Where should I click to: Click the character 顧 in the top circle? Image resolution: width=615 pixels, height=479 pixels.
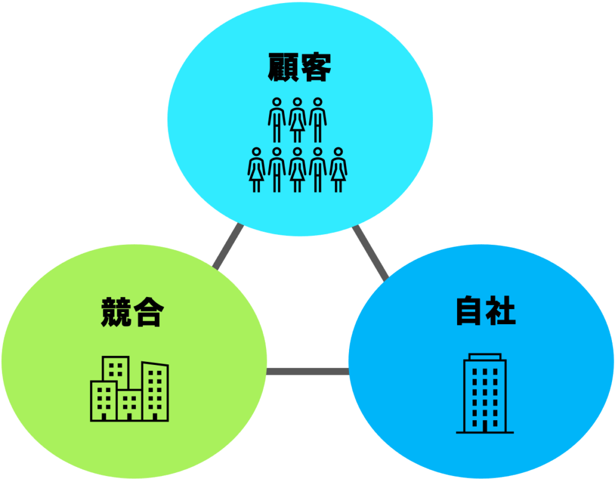pos(283,67)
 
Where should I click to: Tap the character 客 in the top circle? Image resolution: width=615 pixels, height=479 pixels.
pos(315,67)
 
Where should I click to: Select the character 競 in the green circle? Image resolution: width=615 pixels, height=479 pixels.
pos(116,312)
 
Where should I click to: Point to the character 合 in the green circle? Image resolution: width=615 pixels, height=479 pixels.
pos(149,312)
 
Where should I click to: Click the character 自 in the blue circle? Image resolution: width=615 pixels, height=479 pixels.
pos(468,311)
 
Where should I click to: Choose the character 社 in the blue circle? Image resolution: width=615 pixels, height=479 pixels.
pos(500,311)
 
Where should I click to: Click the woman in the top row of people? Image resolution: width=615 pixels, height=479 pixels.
pos(297,120)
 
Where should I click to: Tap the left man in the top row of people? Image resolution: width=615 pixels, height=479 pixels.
pos(277,120)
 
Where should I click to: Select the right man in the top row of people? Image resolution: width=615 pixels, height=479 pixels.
pos(318,120)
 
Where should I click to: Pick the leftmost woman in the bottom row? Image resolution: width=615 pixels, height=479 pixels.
pos(256,170)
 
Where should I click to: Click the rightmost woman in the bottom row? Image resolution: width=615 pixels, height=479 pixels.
pos(339,170)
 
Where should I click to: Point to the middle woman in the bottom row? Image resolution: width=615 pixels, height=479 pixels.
pos(297,170)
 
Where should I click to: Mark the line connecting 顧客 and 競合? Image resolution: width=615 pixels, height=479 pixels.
pos(228,247)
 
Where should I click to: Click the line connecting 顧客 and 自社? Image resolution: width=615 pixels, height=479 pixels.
pos(371,253)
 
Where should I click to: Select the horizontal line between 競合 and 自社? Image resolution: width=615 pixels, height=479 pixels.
pos(307,371)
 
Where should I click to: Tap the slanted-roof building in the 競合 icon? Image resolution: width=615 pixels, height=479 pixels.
pos(156,391)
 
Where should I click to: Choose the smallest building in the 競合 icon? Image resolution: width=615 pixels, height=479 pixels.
pos(129,405)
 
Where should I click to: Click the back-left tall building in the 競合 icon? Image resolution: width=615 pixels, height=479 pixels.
pos(116,369)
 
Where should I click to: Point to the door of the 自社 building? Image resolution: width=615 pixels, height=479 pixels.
pos(485,426)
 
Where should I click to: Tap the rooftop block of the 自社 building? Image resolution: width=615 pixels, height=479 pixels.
pos(485,357)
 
